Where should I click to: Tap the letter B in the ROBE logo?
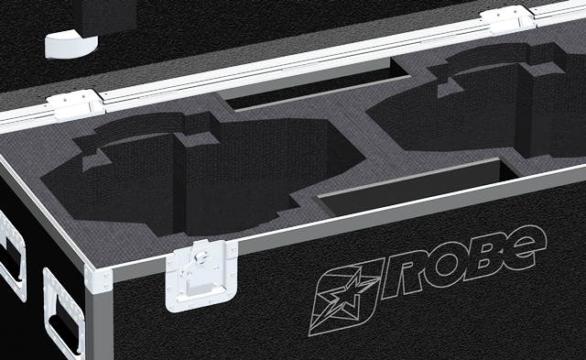click(x=482, y=259)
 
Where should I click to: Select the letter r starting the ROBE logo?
click(x=399, y=278)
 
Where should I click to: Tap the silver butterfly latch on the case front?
click(x=201, y=276)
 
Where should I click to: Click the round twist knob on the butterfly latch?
click(x=201, y=257)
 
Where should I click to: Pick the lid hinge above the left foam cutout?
click(x=75, y=104)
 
